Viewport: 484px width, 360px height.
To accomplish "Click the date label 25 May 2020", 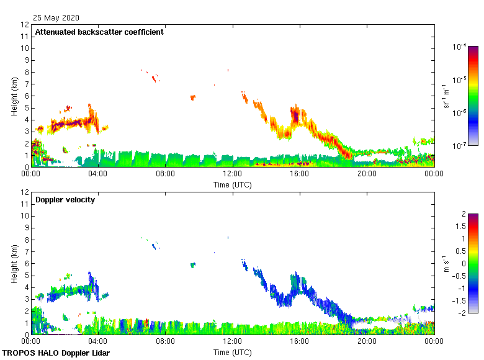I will tap(56, 18).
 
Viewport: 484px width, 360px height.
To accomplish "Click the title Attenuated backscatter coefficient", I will tap(99, 32).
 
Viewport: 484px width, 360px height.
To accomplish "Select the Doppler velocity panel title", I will tap(65, 200).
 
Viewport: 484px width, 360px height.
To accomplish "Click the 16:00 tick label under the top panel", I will tap(300, 174).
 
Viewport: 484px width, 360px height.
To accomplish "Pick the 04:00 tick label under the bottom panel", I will tap(98, 341).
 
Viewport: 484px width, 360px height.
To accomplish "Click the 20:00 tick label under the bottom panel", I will tap(367, 341).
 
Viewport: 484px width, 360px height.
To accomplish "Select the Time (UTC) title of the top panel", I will tap(232, 184).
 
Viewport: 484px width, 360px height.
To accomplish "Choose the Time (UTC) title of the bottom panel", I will tap(232, 352).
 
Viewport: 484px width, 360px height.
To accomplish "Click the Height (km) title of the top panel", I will tap(14, 96).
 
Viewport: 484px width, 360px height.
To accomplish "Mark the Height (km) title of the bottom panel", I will tap(14, 264).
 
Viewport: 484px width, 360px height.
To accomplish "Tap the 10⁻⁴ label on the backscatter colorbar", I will tap(460, 47).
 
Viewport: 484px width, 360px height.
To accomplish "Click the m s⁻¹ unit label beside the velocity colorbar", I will tap(446, 263).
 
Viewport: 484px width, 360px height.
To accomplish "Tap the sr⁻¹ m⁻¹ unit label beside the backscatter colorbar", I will tap(446, 96).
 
